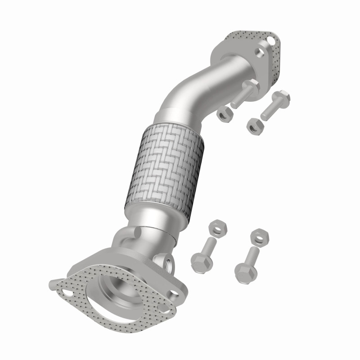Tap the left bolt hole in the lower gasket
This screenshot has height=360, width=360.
point(67,293)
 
